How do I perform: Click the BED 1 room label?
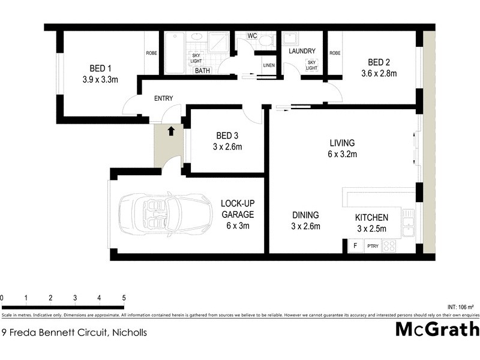(x=100, y=67)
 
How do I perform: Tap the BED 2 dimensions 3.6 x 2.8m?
(x=379, y=73)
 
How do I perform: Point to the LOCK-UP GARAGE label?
(x=237, y=208)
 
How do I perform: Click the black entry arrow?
(x=171, y=130)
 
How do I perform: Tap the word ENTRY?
(x=164, y=98)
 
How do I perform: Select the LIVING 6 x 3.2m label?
(x=343, y=148)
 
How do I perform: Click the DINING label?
(x=305, y=215)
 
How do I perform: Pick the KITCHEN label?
(x=371, y=217)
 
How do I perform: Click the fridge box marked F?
(x=355, y=246)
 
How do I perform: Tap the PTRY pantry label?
(x=373, y=246)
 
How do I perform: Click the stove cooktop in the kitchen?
(x=389, y=245)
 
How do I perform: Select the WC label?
(x=252, y=36)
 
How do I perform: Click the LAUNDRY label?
(x=301, y=52)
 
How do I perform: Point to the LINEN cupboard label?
(x=269, y=65)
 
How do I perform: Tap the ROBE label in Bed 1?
(x=151, y=53)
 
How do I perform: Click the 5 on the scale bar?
(x=124, y=298)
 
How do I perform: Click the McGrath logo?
(x=437, y=329)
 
